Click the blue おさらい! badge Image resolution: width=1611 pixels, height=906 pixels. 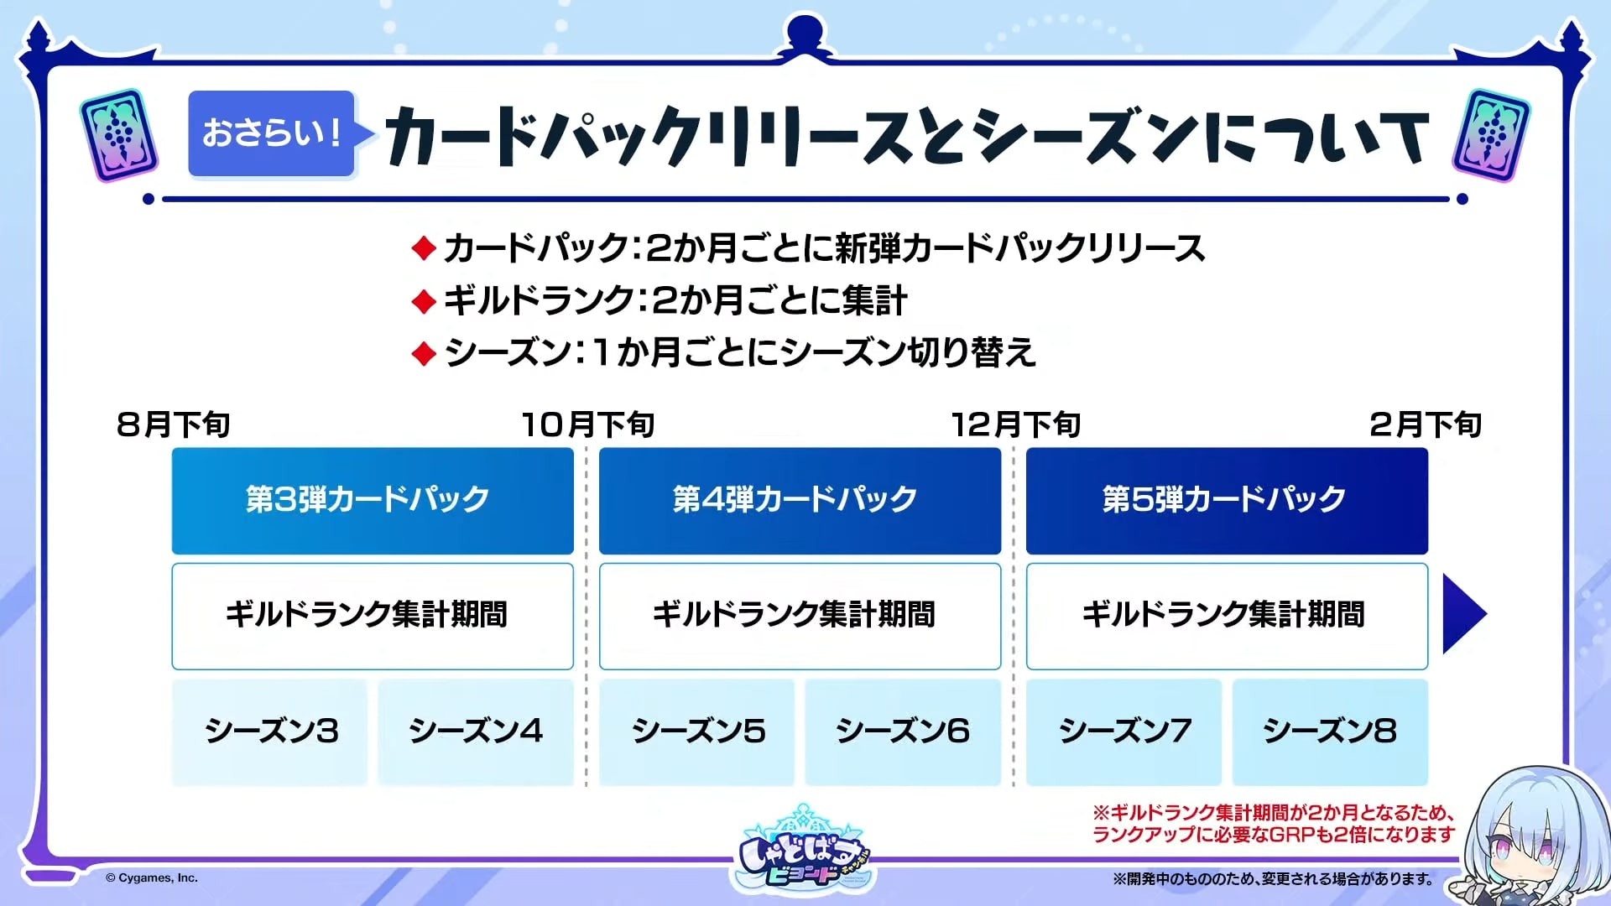[271, 133]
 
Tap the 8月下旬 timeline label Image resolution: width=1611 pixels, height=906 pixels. [173, 424]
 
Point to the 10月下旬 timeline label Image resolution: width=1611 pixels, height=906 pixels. [588, 424]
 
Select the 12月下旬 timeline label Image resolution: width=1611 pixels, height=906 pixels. [1015, 424]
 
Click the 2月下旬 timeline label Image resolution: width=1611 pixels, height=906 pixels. [1426, 424]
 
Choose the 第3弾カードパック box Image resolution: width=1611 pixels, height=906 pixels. [373, 501]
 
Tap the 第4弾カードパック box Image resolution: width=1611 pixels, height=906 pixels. [800, 501]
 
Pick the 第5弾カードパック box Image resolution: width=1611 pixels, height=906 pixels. [1227, 501]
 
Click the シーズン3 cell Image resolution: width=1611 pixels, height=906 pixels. [269, 732]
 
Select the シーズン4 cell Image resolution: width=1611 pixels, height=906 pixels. [476, 732]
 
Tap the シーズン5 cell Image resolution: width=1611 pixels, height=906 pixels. [696, 732]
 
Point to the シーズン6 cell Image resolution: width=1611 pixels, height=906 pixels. [903, 732]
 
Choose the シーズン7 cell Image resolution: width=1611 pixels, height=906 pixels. [1124, 732]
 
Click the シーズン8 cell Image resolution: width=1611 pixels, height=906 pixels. [1330, 732]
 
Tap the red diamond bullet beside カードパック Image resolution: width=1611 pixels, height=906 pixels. [424, 248]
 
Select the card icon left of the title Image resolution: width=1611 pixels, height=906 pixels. [119, 135]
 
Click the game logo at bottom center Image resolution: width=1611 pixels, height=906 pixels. [804, 849]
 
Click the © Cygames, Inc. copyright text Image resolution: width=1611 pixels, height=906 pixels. [152, 878]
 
